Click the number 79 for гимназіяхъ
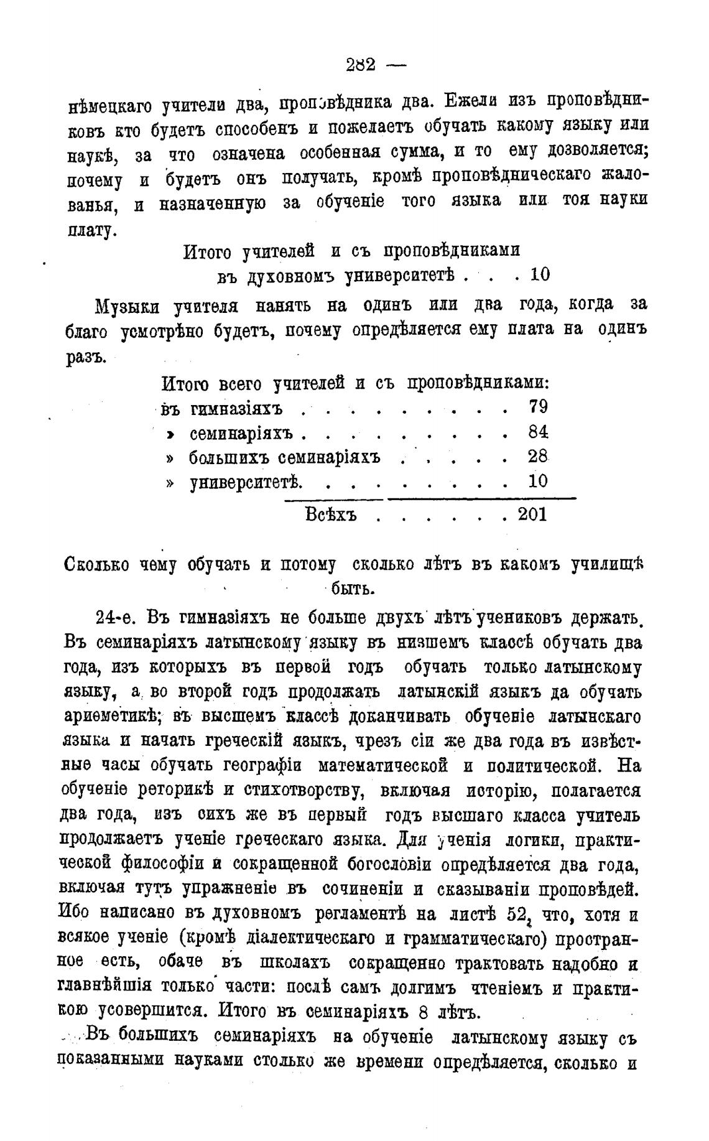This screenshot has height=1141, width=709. coord(538,407)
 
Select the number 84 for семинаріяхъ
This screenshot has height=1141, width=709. coord(538,432)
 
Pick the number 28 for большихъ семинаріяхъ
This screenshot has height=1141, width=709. coord(538,457)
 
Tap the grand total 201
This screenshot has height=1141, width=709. coord(532,515)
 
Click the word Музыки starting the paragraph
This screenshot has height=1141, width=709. coord(127,306)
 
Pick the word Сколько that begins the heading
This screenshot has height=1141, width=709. coord(97,565)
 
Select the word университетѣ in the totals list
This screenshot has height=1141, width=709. coord(246,483)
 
